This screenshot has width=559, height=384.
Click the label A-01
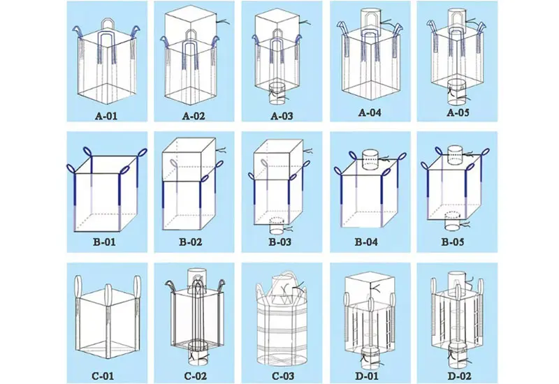pos(106,116)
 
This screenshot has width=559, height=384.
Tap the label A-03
pos(282,116)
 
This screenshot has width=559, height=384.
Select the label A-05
pos(458,112)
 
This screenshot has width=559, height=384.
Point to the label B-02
pos(190,242)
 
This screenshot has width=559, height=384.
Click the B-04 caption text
pos(366,242)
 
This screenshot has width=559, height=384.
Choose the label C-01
pos(103,376)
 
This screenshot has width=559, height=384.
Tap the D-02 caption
pos(459,376)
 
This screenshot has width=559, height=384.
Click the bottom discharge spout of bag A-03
pos(277,94)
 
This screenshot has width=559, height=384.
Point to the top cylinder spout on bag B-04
pos(370,159)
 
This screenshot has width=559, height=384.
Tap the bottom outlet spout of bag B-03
pos(276,228)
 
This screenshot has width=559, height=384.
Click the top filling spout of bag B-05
pos(455,154)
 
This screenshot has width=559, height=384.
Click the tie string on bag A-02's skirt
pos(224,22)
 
